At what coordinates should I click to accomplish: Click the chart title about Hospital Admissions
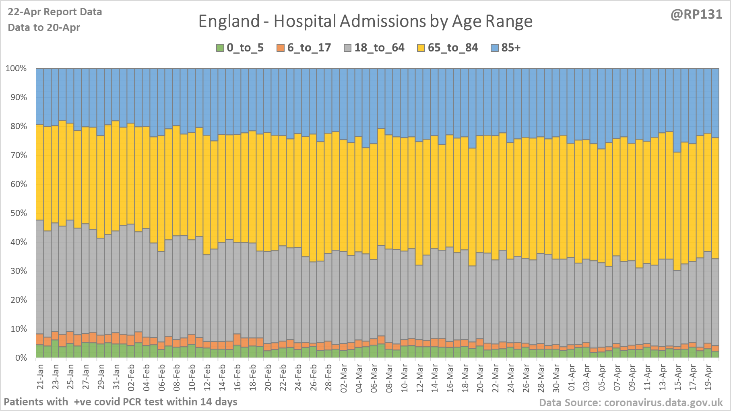point(365,21)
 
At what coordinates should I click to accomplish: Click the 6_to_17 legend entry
point(304,48)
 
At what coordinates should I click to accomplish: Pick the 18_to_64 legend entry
point(374,48)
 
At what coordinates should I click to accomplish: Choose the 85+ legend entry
point(506,48)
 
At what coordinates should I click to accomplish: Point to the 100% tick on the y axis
point(16,68)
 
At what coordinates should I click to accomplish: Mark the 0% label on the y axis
point(21,358)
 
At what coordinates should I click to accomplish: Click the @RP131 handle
point(696,14)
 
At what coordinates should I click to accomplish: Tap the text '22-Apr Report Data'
point(55,12)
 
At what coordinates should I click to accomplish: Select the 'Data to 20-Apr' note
point(44,28)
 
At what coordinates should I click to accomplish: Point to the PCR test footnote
point(120,402)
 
